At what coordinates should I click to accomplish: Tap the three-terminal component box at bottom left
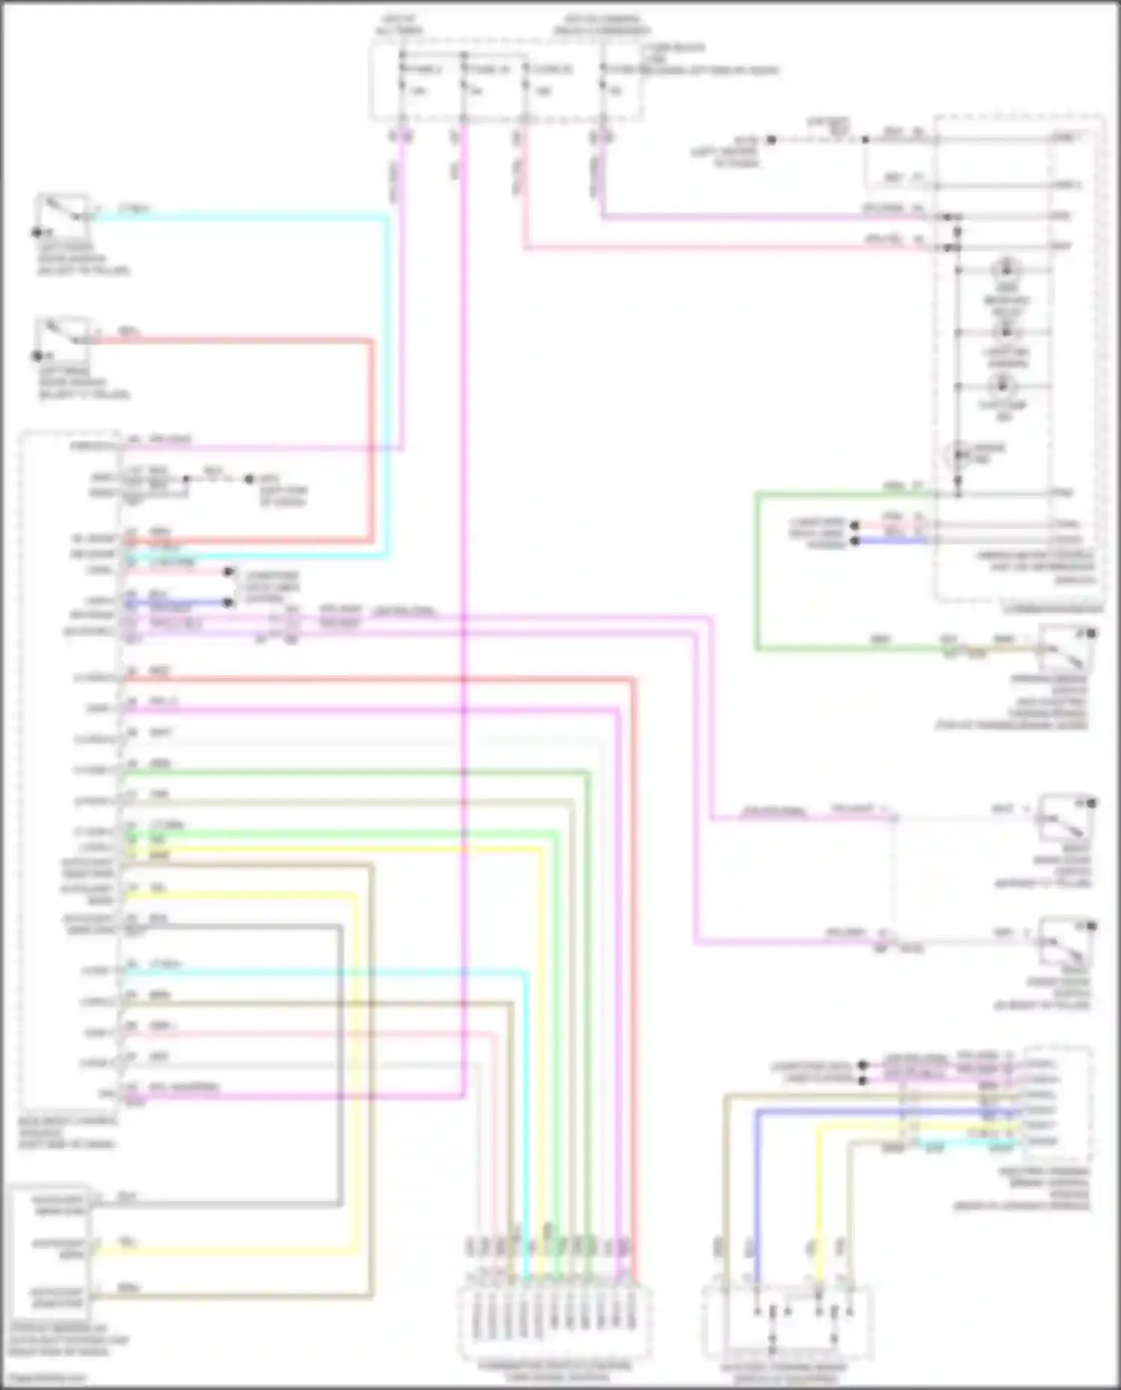click(x=51, y=1251)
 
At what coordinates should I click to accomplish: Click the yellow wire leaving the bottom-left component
click(x=224, y=1250)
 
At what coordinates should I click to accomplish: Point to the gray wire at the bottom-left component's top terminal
click(x=217, y=1204)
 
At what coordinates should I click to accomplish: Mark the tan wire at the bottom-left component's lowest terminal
click(x=224, y=1296)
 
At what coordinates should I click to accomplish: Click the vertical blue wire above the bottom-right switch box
click(x=756, y=1195)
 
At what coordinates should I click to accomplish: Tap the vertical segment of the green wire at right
click(x=758, y=571)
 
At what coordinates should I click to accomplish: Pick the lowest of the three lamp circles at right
click(x=1001, y=386)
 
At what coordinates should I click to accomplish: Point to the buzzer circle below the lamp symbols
click(x=958, y=454)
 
